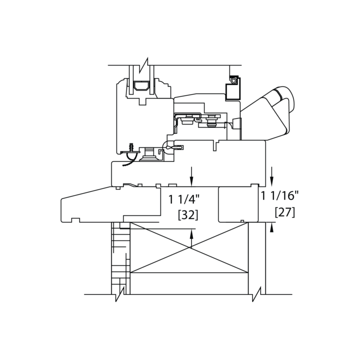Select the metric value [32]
(188, 215)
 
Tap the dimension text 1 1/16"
(279, 196)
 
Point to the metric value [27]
(284, 212)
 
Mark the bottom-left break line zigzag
(120, 294)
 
